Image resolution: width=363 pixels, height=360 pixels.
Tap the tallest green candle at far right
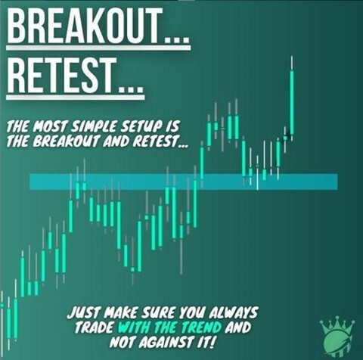click(290, 102)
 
